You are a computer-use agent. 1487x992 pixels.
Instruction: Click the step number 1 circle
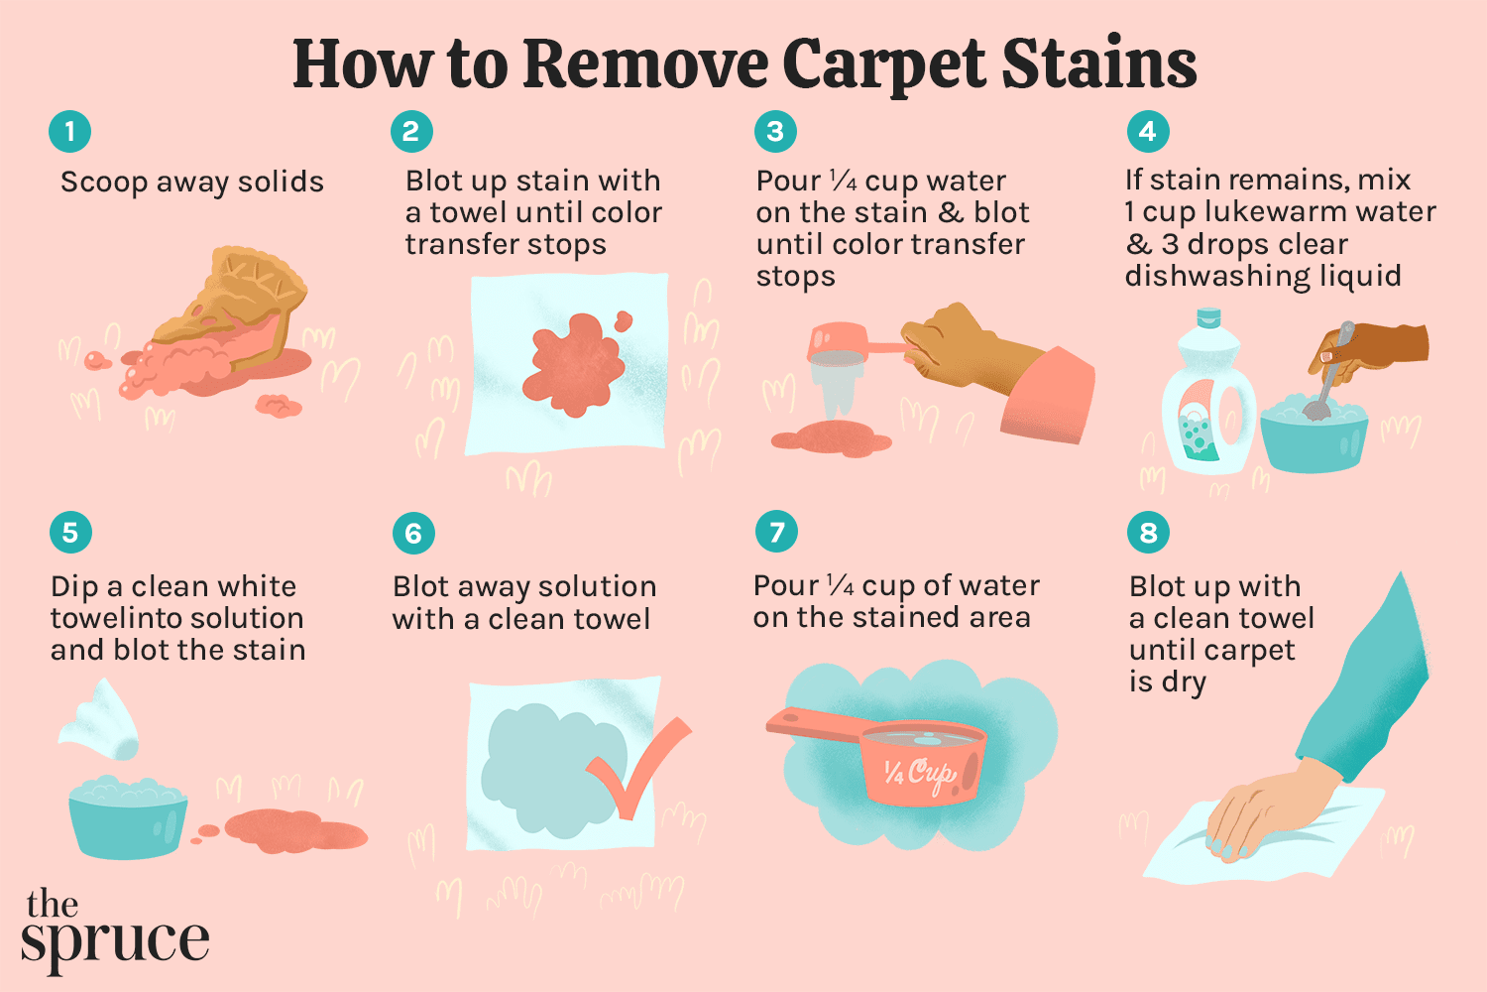coord(69,131)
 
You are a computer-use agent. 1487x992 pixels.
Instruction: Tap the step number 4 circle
coord(1148,131)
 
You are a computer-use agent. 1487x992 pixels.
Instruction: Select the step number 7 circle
coord(776,533)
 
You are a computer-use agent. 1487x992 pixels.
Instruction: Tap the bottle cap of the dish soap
coord(1207,318)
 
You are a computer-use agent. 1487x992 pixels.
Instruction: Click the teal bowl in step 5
coord(127,818)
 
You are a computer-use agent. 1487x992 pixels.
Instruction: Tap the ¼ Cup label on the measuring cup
coord(919,772)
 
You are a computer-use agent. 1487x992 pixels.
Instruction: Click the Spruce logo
coord(114,928)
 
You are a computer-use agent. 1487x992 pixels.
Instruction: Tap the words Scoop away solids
coord(192,183)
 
